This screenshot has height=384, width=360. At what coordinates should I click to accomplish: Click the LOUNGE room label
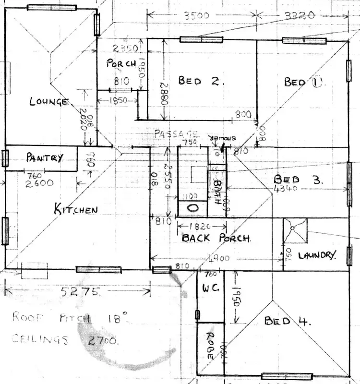(49, 101)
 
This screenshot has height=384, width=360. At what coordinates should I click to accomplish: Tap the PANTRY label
(44, 157)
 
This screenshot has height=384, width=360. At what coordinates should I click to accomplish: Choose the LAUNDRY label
(315, 255)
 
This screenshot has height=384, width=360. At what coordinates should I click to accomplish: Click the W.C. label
(210, 289)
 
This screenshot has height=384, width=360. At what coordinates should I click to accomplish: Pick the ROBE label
(210, 347)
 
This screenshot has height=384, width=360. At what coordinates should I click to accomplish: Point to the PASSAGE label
(176, 133)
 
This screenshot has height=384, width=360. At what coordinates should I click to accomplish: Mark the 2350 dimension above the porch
(126, 48)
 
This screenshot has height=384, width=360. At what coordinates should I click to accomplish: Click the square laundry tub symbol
(294, 231)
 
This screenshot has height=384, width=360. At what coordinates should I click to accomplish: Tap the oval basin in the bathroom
(192, 208)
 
